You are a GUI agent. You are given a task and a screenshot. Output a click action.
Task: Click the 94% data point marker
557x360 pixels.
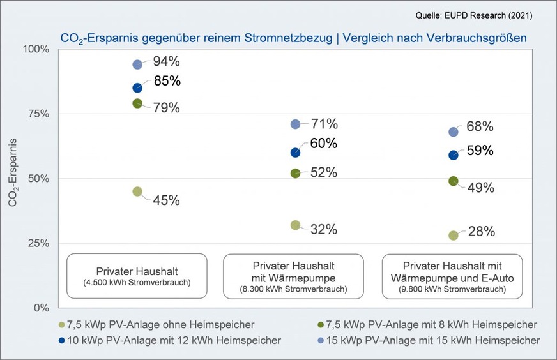[x=137, y=64]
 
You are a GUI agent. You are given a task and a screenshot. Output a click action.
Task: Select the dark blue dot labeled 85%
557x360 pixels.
[x=137, y=87]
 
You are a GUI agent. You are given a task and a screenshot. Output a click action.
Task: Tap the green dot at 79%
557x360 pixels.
[x=137, y=103]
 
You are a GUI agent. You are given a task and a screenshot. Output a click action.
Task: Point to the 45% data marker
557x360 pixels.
[x=137, y=191]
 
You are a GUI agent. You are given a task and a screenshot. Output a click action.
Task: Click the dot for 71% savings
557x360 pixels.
[x=295, y=124]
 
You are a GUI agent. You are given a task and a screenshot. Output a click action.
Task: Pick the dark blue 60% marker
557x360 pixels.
[x=295, y=153]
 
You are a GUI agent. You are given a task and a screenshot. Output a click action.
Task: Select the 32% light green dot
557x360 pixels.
[x=295, y=225]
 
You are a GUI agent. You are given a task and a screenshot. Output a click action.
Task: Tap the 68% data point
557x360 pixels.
[x=454, y=132]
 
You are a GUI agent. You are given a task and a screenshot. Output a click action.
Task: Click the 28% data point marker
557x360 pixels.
[x=454, y=235]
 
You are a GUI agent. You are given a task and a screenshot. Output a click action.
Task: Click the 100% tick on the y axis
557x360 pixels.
[x=36, y=49]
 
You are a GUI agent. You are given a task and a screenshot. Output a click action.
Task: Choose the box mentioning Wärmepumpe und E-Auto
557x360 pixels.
[x=452, y=275]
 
